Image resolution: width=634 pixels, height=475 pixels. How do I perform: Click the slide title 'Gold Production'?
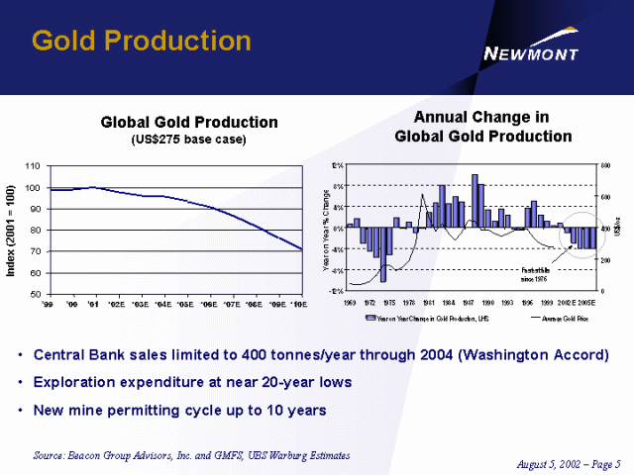click(x=141, y=41)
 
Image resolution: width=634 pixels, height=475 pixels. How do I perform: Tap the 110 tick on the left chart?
click(x=34, y=165)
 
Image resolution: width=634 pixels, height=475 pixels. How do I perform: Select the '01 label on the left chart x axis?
click(x=93, y=305)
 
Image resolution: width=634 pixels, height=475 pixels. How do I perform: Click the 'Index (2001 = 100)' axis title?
click(x=11, y=229)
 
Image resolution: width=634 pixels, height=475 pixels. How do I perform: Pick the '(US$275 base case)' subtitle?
click(x=188, y=140)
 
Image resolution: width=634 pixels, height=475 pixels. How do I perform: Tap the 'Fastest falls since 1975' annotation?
click(x=538, y=271)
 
